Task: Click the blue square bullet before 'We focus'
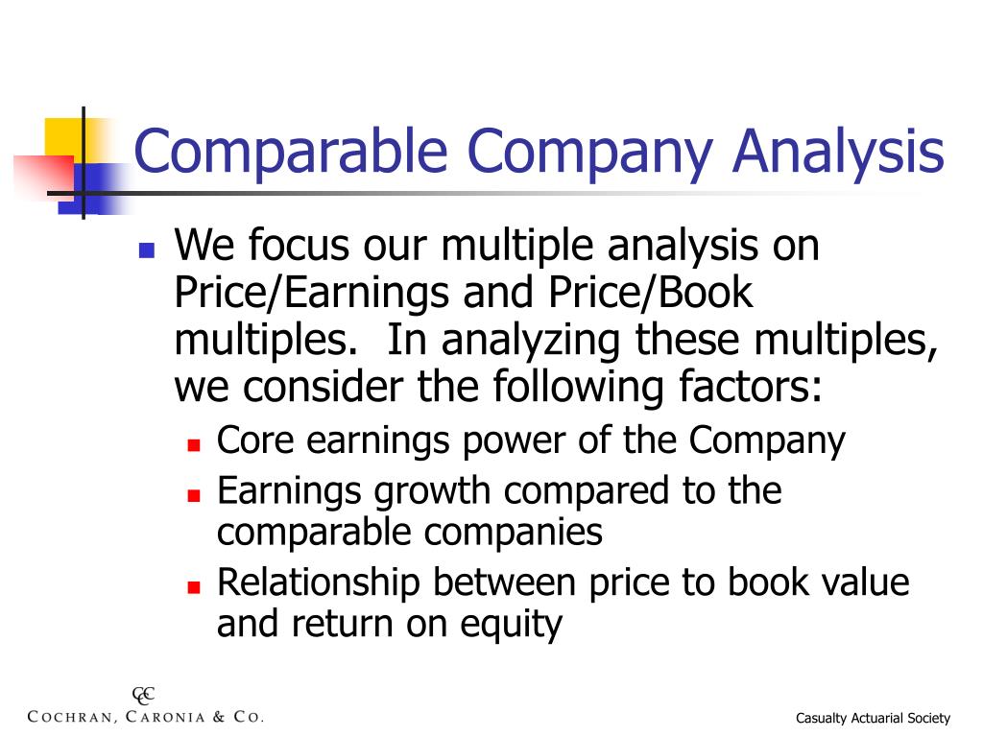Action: [x=147, y=251]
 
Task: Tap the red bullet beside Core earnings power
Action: [x=193, y=446]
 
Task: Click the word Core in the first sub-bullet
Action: [x=252, y=441]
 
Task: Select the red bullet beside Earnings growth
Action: [x=193, y=496]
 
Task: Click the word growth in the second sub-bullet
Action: [x=435, y=492]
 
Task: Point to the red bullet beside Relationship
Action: [x=193, y=586]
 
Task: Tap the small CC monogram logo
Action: [x=143, y=696]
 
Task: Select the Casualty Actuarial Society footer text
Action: [x=874, y=718]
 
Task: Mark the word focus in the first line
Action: [x=301, y=247]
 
